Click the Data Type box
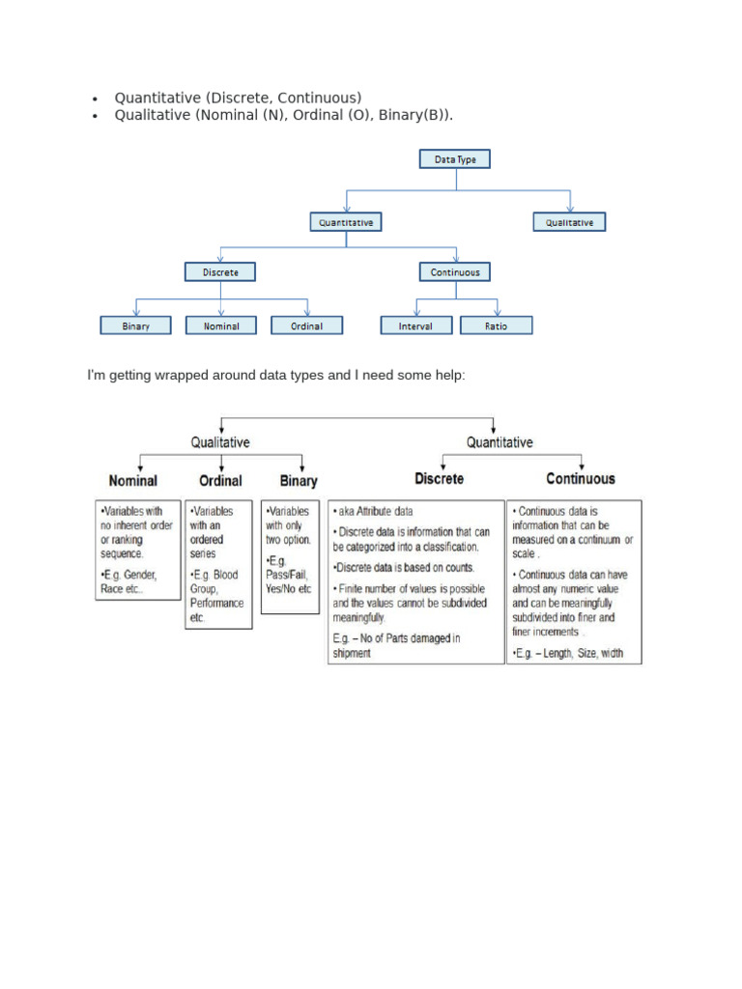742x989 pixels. coord(455,158)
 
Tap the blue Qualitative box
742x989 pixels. coord(569,222)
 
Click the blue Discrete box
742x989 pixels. coord(220,272)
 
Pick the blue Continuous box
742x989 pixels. coord(455,272)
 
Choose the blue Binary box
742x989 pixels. coord(136,325)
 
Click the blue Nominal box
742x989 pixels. coord(221,325)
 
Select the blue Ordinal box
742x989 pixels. coord(306,325)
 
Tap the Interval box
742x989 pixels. coord(415,325)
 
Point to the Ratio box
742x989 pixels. coord(496,325)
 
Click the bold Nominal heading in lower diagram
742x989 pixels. coord(133,480)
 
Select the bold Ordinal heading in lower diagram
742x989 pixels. coord(220,480)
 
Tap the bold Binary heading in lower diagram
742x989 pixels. coord(299,480)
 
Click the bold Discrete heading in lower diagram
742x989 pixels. coord(440,478)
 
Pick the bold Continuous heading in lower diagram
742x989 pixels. coord(580,478)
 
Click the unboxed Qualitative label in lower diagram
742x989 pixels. coord(220,442)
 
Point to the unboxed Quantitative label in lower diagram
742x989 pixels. coord(499,442)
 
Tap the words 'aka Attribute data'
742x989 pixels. coord(373,511)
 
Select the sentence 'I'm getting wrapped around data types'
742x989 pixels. coord(275,374)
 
